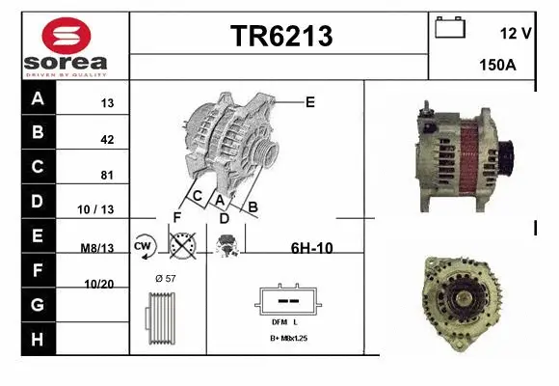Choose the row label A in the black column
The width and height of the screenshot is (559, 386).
38,99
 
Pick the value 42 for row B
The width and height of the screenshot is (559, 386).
107,140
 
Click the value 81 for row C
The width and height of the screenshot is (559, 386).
107,176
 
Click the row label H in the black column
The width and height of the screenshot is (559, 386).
38,339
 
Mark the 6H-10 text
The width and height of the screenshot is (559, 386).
311,248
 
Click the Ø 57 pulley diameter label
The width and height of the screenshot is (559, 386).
165,278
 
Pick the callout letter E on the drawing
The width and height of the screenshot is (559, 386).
309,101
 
